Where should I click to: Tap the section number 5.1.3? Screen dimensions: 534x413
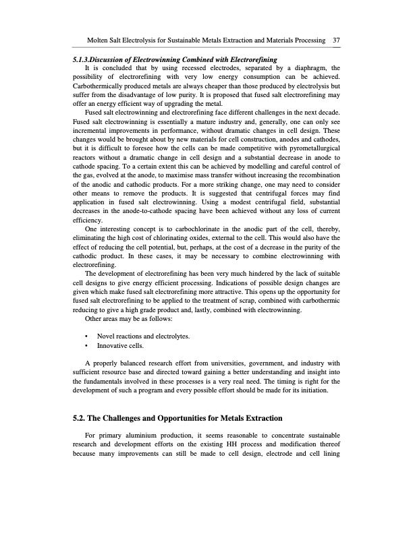pos(86,61)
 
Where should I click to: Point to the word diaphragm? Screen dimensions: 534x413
pos(310,69)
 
